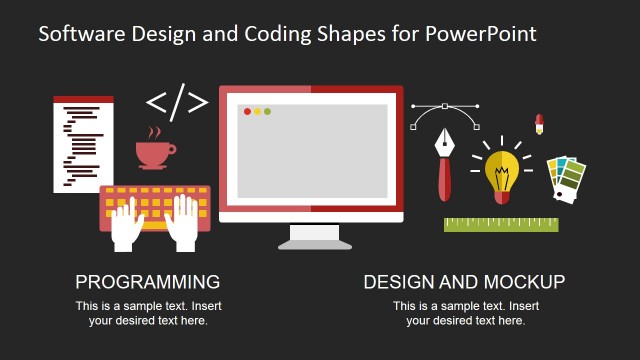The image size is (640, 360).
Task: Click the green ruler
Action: pos(493,224)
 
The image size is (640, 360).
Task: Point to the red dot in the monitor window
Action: pos(247,111)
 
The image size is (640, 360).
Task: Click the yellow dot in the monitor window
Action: pos(257,111)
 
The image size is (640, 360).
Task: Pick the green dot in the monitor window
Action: pos(267,111)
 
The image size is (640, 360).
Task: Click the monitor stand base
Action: pos(315,240)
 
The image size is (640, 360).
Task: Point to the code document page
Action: pos(83,144)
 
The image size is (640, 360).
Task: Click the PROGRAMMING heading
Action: pos(148,281)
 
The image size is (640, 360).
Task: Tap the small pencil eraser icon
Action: pos(538,124)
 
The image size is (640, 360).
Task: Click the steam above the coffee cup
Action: pos(153,132)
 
